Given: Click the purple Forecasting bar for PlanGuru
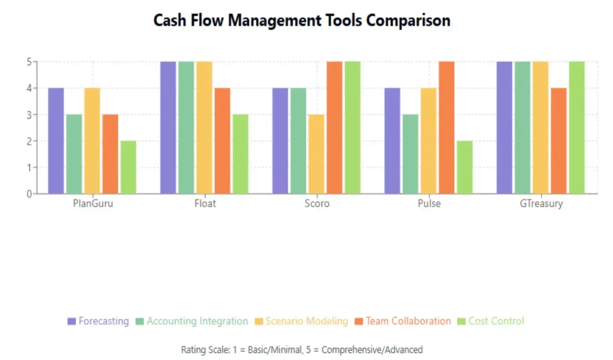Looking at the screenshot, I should point(56,141).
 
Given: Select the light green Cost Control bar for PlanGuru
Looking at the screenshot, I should point(128,167).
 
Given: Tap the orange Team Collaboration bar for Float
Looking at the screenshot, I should point(222,141).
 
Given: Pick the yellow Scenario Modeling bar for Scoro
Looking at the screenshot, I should point(316,154).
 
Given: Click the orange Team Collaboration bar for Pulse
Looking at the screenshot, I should point(446,127).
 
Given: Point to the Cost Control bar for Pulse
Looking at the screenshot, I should point(465,167).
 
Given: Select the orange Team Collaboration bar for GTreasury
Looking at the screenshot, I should point(558,141).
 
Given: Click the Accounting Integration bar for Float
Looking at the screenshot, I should point(186,127).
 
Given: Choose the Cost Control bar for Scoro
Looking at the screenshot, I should point(352,127).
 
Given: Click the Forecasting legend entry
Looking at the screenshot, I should point(98,321).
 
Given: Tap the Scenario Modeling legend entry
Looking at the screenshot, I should point(301,321).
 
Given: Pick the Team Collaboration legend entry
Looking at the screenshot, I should point(403,321).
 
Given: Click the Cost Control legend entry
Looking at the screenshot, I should point(491,321).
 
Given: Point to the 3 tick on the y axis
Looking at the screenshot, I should point(29,115).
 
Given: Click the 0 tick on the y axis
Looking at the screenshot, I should point(29,194).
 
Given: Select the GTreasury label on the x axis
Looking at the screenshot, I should point(541,204).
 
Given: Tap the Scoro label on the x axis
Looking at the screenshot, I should point(317,204).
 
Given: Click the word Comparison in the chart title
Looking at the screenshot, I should point(408,20).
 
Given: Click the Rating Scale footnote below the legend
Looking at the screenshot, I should point(301,350).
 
